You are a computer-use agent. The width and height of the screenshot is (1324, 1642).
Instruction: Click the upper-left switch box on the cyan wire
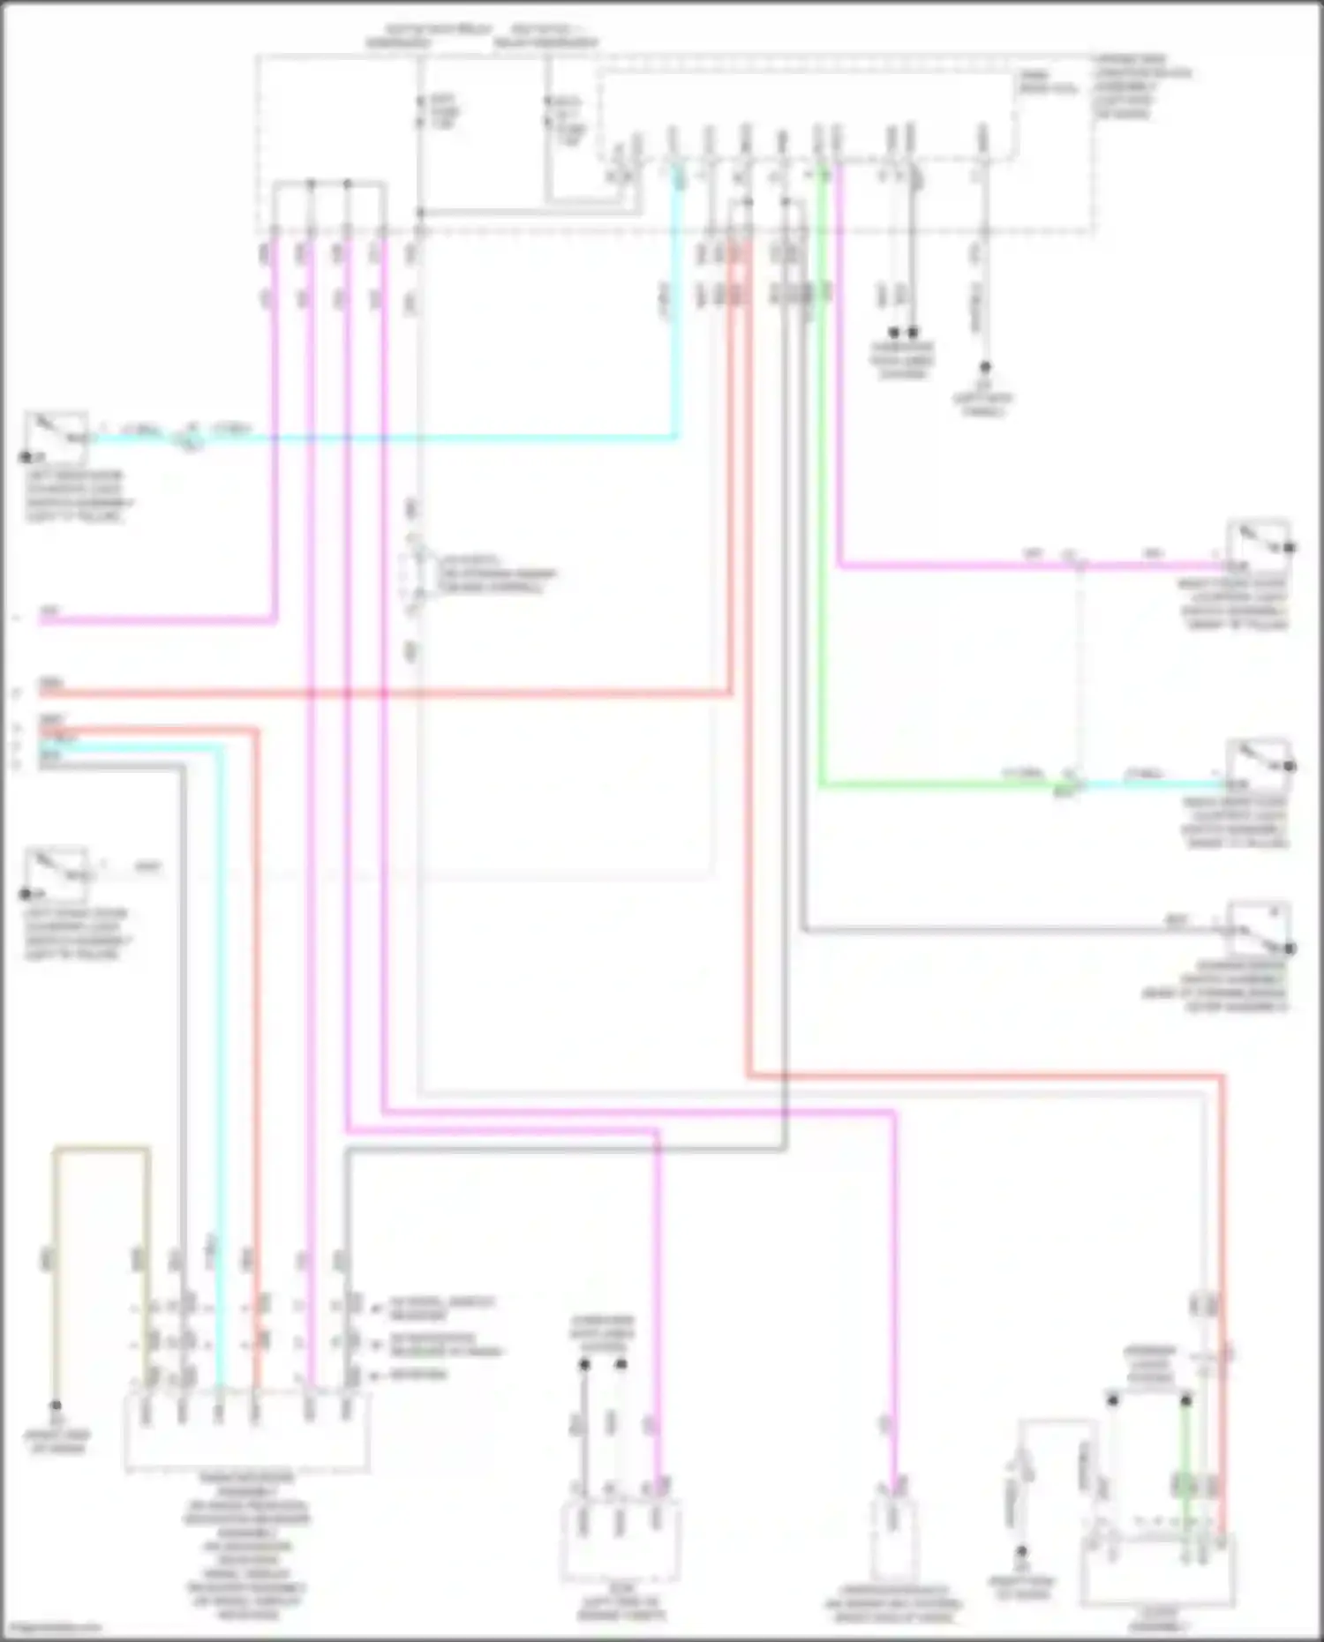click(56, 437)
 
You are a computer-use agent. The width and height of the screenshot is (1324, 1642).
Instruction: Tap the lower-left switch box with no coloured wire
click(56, 873)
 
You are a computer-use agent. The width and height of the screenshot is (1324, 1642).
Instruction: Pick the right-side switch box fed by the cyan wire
click(1258, 765)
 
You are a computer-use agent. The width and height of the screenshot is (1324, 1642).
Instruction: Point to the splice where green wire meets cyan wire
click(1070, 782)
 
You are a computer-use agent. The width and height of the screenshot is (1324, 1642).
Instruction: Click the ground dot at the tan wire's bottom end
click(56, 1406)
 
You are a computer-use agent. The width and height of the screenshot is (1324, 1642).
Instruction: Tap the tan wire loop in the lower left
click(102, 1149)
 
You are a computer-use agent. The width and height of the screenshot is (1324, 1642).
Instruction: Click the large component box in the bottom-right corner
click(1156, 1571)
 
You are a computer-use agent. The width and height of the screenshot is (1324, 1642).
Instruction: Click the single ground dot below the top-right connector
click(985, 366)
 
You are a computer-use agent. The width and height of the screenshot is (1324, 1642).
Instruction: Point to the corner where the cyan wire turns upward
click(677, 436)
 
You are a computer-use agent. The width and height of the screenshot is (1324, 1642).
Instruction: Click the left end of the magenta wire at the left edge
click(42, 620)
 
